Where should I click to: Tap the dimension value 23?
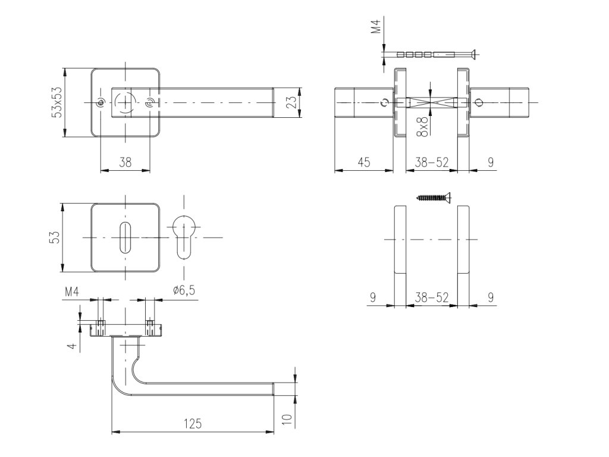tap(291, 103)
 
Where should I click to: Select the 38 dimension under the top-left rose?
tap(125, 162)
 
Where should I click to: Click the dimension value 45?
tap(363, 162)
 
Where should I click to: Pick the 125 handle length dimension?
tap(192, 424)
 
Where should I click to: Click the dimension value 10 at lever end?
tap(287, 420)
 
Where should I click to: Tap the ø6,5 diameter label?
tap(184, 290)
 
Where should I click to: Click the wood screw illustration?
tap(434, 196)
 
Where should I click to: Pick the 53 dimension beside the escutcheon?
tap(54, 238)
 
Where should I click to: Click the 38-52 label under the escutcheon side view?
tap(431, 298)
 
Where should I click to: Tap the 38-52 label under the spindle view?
tap(431, 162)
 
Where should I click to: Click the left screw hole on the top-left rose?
tap(101, 104)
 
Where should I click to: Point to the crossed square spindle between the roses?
tap(431, 103)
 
